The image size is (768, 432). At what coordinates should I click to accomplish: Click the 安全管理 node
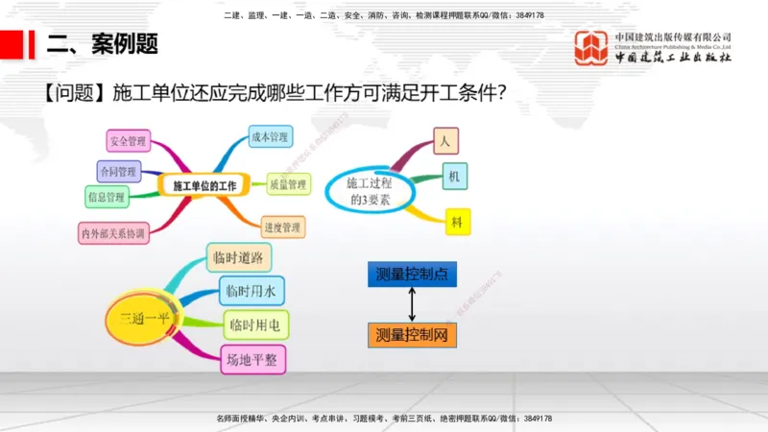[128, 141]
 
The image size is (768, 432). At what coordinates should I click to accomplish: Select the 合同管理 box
[118, 171]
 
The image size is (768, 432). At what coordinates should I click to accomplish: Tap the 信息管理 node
[106, 198]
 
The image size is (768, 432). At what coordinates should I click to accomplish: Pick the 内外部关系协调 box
[113, 232]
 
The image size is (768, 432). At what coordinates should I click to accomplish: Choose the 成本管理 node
[269, 137]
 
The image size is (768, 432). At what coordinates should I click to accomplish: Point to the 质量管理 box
[286, 183]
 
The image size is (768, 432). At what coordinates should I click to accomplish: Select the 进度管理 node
[282, 228]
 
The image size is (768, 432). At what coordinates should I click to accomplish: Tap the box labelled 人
[444, 140]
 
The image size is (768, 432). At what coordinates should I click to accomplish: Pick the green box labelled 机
[454, 176]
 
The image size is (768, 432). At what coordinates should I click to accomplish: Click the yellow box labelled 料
[456, 221]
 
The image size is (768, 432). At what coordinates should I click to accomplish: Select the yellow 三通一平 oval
[144, 317]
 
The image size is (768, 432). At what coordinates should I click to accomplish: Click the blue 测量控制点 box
[412, 274]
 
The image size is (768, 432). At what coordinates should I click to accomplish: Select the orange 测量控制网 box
[412, 335]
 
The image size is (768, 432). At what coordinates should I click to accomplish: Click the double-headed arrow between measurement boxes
[412, 304]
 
